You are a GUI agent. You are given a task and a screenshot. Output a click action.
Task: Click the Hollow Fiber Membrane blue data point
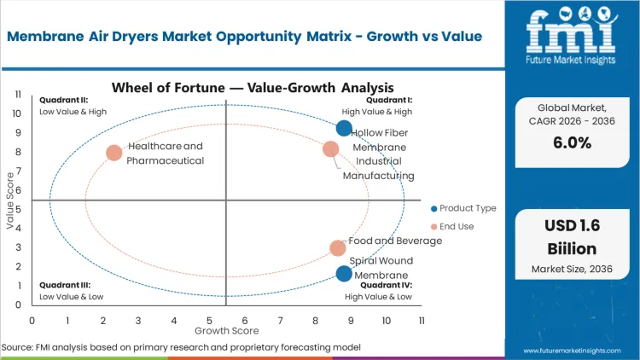tap(344, 129)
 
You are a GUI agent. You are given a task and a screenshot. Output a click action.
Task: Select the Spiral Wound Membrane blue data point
tap(344, 274)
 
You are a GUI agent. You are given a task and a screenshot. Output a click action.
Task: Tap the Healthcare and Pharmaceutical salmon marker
tap(114, 154)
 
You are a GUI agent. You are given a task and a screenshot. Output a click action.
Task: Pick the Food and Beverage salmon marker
tap(338, 248)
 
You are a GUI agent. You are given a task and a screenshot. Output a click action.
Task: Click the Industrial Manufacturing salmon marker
tap(331, 149)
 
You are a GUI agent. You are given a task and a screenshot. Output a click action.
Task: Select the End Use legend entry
tap(457, 226)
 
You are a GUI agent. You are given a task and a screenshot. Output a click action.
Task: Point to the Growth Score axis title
tap(225, 329)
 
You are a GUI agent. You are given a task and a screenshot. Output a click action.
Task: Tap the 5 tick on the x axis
tap(209, 320)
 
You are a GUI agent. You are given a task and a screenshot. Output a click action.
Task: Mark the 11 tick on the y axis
tap(17, 95)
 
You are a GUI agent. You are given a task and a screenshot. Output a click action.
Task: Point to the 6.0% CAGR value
tap(572, 142)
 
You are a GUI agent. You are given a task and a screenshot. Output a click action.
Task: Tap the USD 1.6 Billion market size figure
tap(572, 239)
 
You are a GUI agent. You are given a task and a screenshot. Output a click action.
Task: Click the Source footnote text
tap(182, 347)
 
